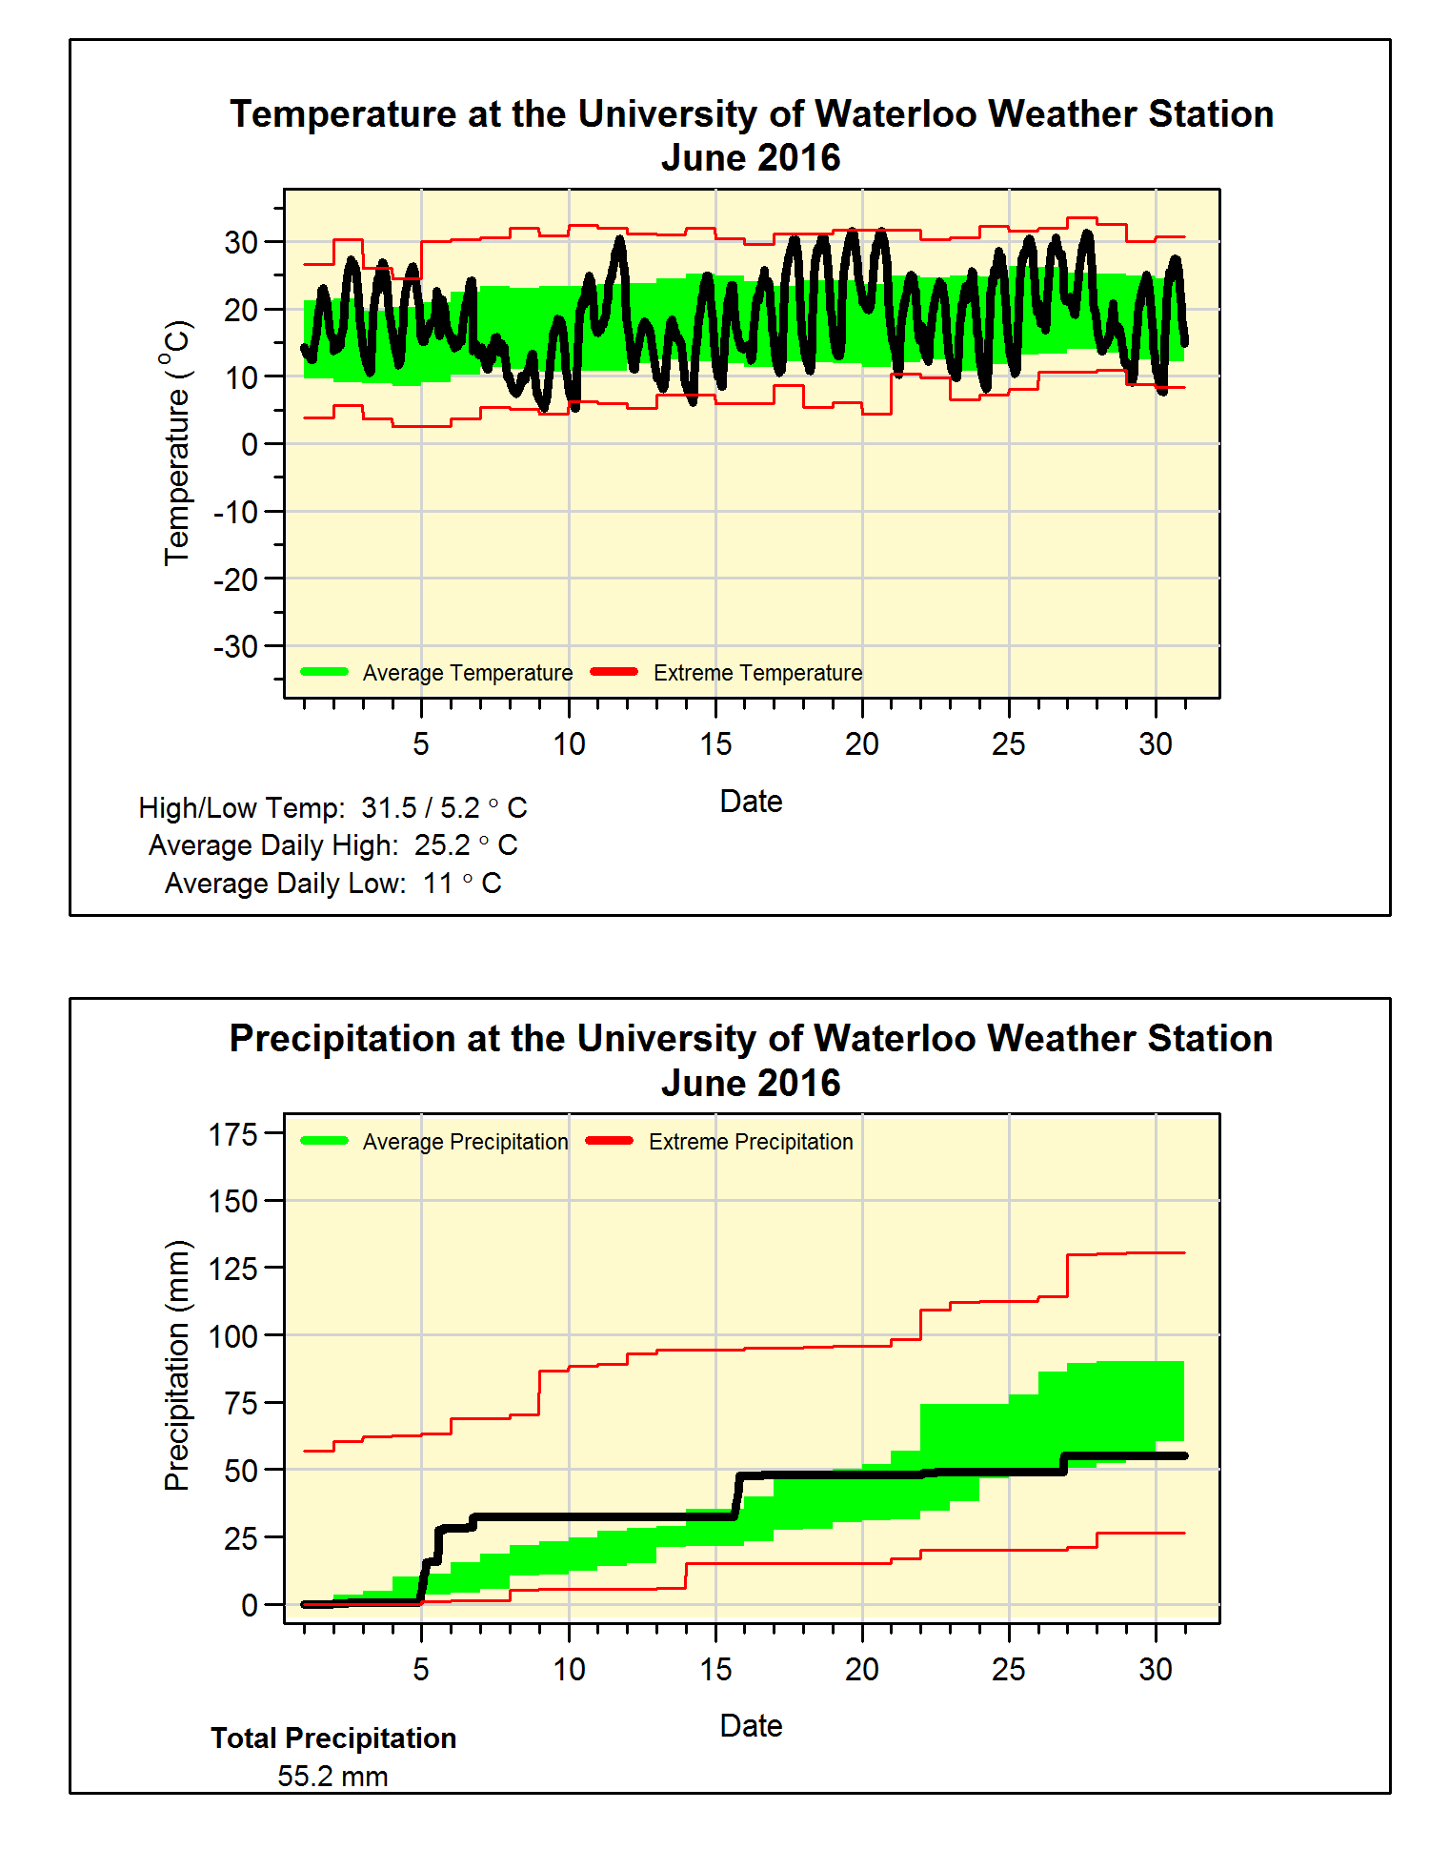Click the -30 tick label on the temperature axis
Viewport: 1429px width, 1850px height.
tap(235, 647)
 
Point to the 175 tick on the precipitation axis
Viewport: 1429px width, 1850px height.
tap(233, 1134)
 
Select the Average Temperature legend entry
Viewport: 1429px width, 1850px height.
tap(467, 673)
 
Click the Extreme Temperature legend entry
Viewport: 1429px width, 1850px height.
tap(757, 673)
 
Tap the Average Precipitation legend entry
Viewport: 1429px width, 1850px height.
tap(465, 1142)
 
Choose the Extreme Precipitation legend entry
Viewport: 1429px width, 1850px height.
tap(751, 1142)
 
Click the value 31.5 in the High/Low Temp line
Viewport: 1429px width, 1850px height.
tap(389, 808)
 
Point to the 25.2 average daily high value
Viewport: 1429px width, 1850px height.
tap(442, 845)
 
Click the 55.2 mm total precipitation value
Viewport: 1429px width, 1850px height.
tap(332, 1777)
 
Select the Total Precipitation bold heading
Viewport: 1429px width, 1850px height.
tap(333, 1738)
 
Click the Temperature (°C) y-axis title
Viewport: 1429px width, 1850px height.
tap(177, 443)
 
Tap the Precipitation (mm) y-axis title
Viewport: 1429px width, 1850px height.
tap(177, 1365)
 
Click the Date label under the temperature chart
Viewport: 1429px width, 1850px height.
tap(751, 802)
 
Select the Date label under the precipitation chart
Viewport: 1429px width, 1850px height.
tap(751, 1726)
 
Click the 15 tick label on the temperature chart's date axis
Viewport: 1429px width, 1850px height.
tap(715, 744)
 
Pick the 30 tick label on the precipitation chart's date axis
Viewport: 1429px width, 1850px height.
tap(1156, 1670)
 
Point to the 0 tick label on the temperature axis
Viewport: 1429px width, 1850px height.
tap(249, 445)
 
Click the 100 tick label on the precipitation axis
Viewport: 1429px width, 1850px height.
tap(233, 1336)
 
